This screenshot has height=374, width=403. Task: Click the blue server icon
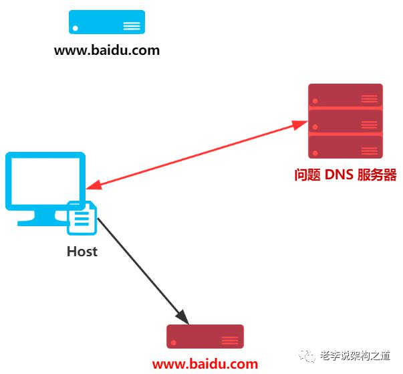pyautogui.click(x=107, y=22)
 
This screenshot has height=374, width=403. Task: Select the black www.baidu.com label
pyautogui.click(x=107, y=50)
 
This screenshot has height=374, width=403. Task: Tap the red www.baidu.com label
pyautogui.click(x=205, y=365)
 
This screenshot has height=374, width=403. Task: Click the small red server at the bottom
pyautogui.click(x=205, y=337)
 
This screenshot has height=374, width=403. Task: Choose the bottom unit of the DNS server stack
pyautogui.click(x=345, y=147)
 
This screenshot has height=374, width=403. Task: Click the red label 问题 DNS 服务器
pyautogui.click(x=346, y=175)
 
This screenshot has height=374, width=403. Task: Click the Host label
pyautogui.click(x=82, y=252)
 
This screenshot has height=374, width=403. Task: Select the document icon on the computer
pyautogui.click(x=82, y=218)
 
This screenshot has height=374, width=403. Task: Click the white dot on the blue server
pyautogui.click(x=76, y=28)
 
